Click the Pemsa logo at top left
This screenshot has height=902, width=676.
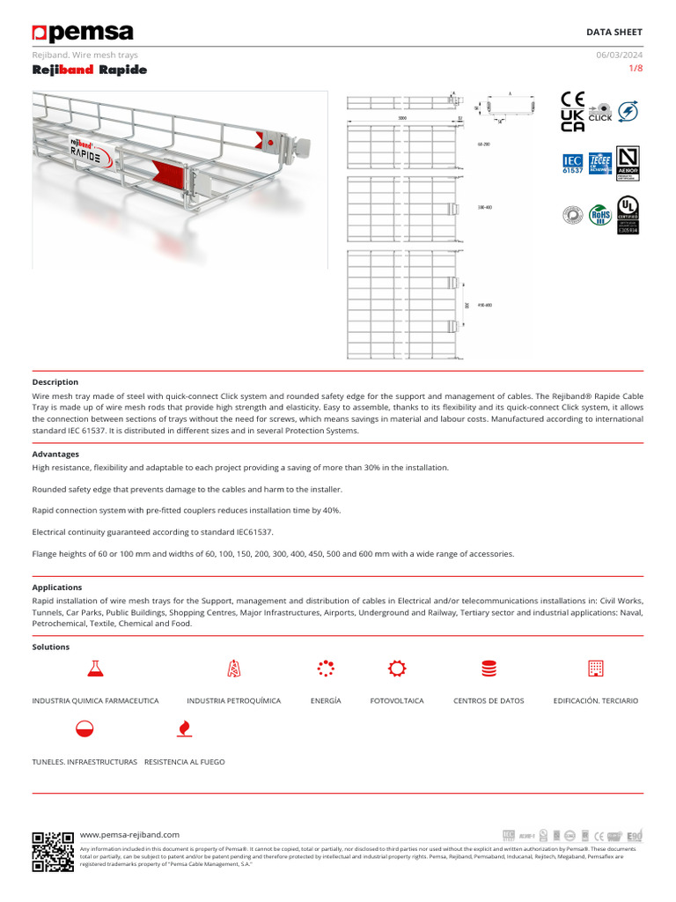pos(83,33)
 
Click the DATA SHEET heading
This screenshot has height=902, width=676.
pos(614,32)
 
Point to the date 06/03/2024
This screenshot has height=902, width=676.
pos(620,55)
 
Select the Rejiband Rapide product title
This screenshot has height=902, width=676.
pos(90,70)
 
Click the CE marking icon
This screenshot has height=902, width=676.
pos(573,100)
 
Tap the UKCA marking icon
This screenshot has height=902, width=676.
pos(572,122)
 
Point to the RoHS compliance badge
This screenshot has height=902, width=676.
pos(600,213)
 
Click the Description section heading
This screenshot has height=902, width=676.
pos(55,382)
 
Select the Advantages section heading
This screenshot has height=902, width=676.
pos(55,455)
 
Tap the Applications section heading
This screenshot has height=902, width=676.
pos(57,588)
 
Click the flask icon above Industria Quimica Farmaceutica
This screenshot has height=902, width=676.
pos(95,669)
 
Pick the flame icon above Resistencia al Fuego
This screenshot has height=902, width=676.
pos(184,728)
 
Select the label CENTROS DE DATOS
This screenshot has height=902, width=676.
pos(489,701)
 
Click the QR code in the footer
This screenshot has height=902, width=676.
pos(53,851)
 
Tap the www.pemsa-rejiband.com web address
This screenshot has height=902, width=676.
pos(129,834)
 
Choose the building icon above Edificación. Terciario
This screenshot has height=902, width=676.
pos(596,669)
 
